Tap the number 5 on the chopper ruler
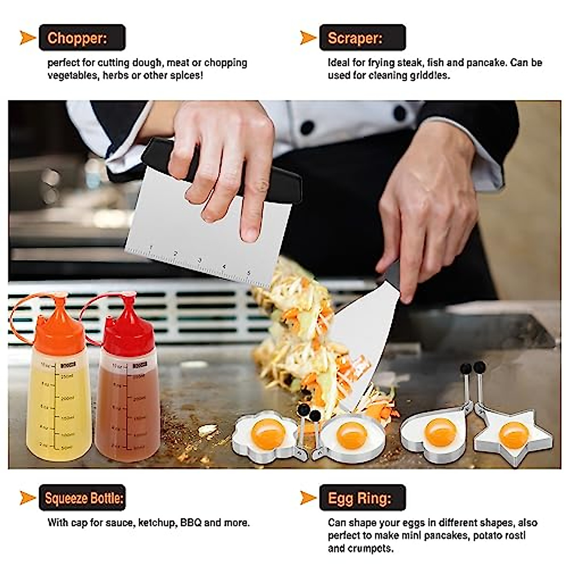(x=248, y=273)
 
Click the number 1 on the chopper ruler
(x=151, y=247)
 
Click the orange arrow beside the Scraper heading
(x=308, y=38)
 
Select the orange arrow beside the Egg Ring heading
(x=308, y=498)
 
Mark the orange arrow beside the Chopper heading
(x=27, y=38)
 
